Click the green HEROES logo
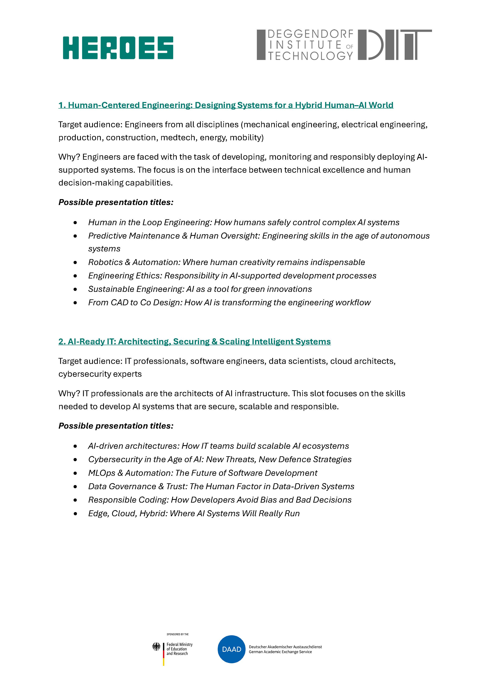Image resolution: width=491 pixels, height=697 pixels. pos(118,48)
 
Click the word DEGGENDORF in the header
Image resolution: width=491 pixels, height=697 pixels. pos(310,34)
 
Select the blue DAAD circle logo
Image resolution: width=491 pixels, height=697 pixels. pos(232,649)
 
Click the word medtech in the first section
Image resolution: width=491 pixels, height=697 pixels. pos(173,138)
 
